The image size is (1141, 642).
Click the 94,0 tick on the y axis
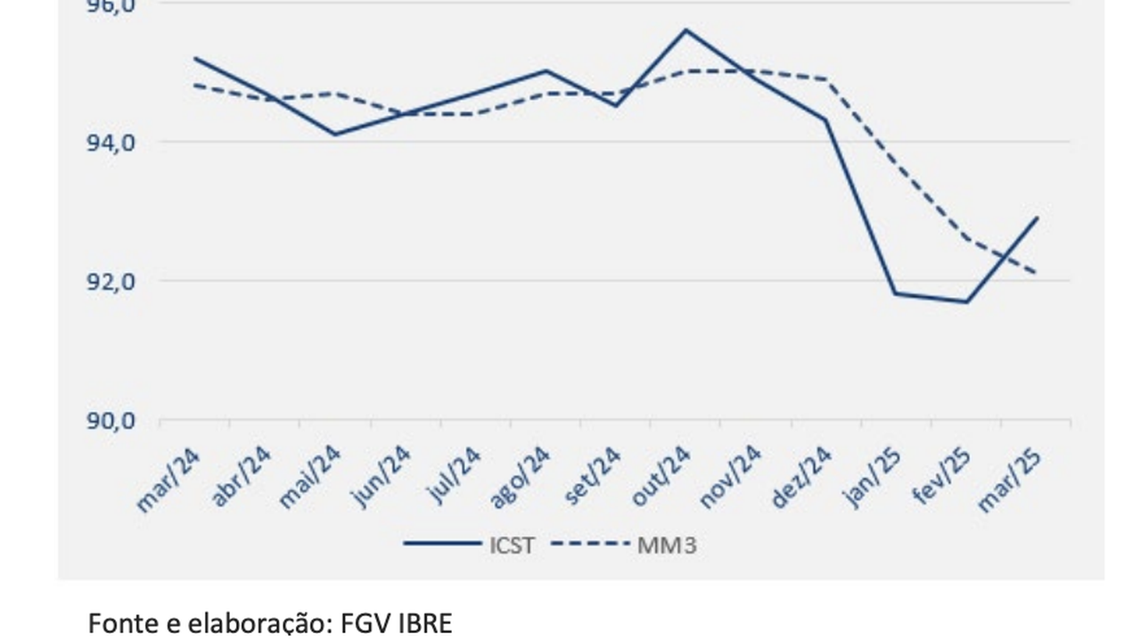(111, 143)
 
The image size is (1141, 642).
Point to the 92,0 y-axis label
(111, 282)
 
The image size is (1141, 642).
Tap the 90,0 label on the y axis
(111, 421)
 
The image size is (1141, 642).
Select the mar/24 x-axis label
(169, 479)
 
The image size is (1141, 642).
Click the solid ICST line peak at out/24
(685, 29)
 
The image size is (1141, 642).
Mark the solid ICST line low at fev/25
(966, 301)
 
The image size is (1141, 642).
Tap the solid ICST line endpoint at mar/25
(1037, 218)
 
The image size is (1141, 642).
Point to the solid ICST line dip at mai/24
(334, 135)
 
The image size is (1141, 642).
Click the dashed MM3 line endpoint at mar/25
(1037, 273)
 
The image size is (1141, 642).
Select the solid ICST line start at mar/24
(194, 58)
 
